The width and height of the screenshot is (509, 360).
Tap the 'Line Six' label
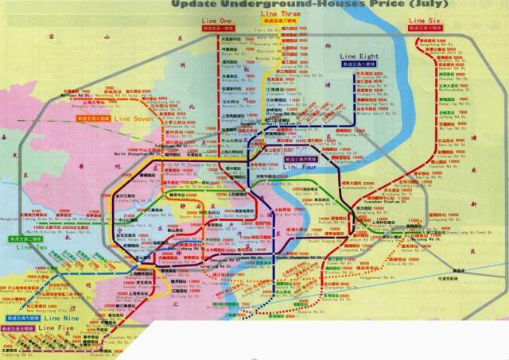click(x=424, y=20)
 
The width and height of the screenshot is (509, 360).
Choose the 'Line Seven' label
click(x=134, y=118)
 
